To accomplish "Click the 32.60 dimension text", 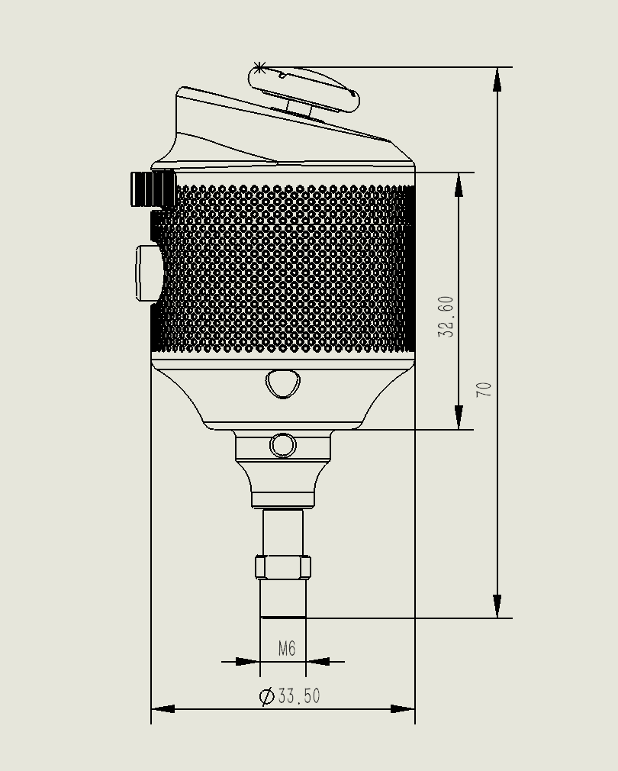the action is (446, 316).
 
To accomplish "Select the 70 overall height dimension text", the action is (484, 389).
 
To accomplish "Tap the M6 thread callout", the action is (287, 648).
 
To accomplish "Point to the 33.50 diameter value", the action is (299, 695).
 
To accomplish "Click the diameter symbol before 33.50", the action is (267, 695).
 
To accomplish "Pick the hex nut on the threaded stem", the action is (283, 567).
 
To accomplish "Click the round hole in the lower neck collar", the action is (283, 445).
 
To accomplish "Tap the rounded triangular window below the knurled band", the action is (283, 383).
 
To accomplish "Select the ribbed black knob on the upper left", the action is (153, 189).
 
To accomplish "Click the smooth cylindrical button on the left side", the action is (148, 273).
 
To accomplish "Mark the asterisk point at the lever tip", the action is (260, 67).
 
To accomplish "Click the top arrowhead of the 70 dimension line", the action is (497, 79).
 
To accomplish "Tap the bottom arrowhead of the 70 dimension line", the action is (497, 606).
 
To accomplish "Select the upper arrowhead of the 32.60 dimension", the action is (459, 185).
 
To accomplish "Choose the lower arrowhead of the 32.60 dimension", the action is (459, 417).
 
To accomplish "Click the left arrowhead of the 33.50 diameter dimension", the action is (163, 709).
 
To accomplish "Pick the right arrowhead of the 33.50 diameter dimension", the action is (403, 709).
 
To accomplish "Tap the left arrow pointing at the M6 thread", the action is (248, 661).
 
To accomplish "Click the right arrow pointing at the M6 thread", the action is (318, 661).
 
